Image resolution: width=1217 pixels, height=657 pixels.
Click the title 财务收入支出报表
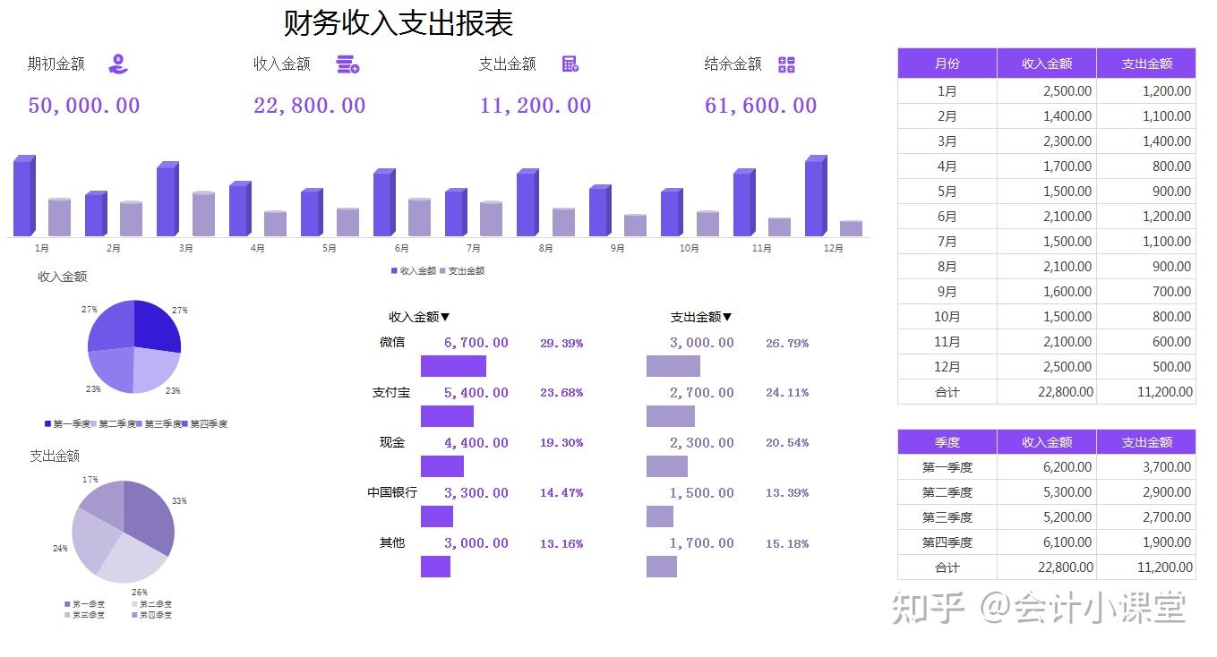pyautogui.click(x=398, y=23)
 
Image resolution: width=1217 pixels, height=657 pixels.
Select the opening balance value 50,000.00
pyautogui.click(x=84, y=106)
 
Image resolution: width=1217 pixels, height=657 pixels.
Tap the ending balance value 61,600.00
pyautogui.click(x=760, y=106)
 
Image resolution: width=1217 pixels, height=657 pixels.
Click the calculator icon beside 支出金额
pyautogui.click(x=570, y=64)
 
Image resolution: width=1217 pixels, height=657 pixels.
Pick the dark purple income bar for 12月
pyautogui.click(x=815, y=198)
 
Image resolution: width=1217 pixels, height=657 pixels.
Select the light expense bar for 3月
pyautogui.click(x=204, y=214)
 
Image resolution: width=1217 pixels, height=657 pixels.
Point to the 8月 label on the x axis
pyautogui.click(x=545, y=249)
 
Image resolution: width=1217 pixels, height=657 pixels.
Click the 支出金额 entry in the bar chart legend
pyautogui.click(x=466, y=270)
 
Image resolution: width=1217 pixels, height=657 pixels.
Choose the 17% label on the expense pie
pyautogui.click(x=90, y=480)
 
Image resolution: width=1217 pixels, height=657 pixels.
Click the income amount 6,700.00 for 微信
pyautogui.click(x=476, y=343)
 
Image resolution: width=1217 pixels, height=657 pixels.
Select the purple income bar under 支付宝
pyautogui.click(x=447, y=416)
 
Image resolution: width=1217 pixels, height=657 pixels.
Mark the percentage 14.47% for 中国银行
pyautogui.click(x=561, y=493)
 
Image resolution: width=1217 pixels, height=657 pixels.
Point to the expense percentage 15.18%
pyautogui.click(x=787, y=543)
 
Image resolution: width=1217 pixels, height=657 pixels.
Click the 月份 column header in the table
pyautogui.click(x=947, y=64)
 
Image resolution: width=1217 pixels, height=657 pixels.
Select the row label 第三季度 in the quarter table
pyautogui.click(x=947, y=517)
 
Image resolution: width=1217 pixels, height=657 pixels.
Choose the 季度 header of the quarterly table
pyautogui.click(x=947, y=442)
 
